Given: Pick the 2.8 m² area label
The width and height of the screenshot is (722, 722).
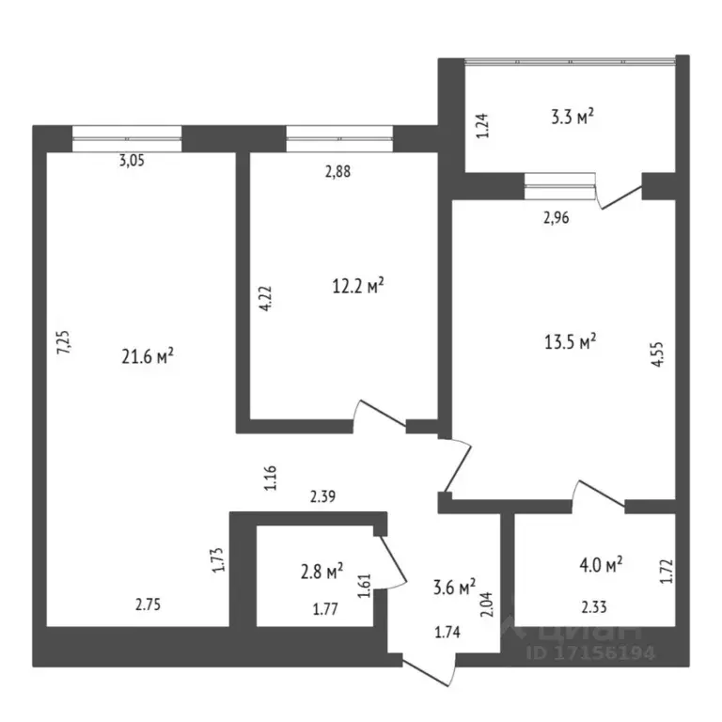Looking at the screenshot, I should click(320, 570).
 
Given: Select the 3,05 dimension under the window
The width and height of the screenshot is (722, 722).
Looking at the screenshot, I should click(133, 160).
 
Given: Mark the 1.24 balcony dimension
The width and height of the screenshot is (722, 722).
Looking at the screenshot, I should click(483, 125).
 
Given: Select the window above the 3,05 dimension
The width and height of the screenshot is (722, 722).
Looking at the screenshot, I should click(127, 138).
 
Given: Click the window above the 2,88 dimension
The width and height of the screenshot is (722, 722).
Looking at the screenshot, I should click(339, 138).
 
